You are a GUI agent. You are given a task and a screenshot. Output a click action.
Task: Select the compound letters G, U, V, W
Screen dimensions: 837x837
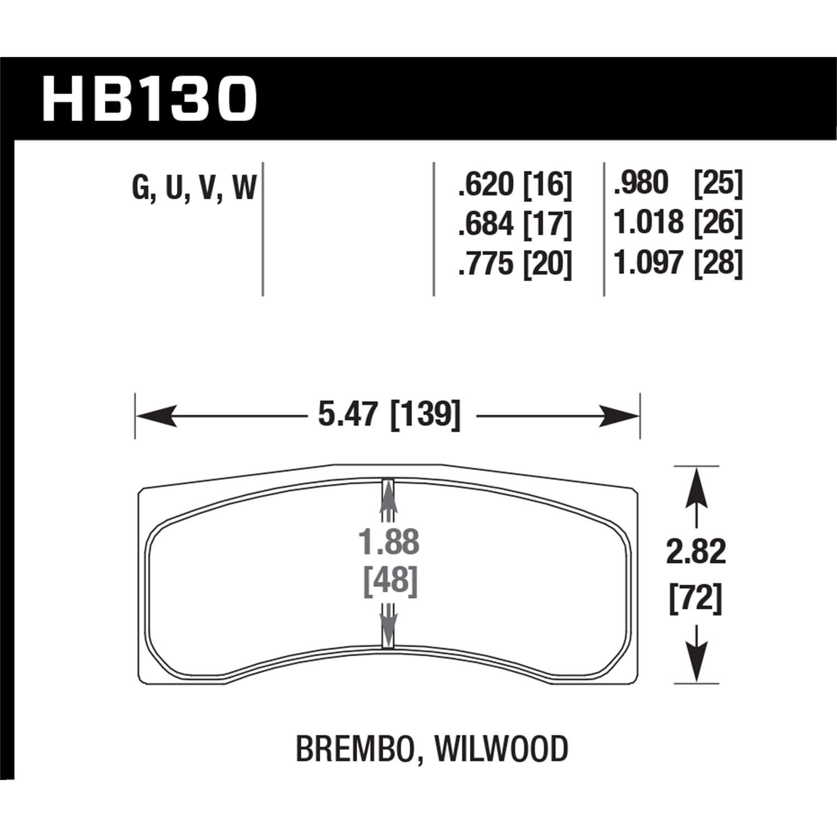(x=194, y=187)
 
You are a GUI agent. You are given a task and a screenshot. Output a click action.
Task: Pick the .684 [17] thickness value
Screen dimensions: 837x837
(x=514, y=224)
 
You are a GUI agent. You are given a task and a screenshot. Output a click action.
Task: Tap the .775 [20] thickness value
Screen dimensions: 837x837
(x=514, y=263)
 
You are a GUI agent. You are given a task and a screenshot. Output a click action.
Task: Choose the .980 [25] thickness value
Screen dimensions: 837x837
(x=678, y=184)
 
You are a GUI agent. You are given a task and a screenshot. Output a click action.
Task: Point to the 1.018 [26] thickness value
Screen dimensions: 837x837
(x=678, y=223)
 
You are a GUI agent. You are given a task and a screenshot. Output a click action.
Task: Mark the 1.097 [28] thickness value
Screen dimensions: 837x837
(x=678, y=263)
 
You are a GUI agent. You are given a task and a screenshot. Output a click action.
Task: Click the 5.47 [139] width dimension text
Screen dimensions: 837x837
(x=389, y=415)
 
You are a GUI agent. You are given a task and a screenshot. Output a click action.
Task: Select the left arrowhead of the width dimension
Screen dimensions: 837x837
(x=156, y=416)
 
